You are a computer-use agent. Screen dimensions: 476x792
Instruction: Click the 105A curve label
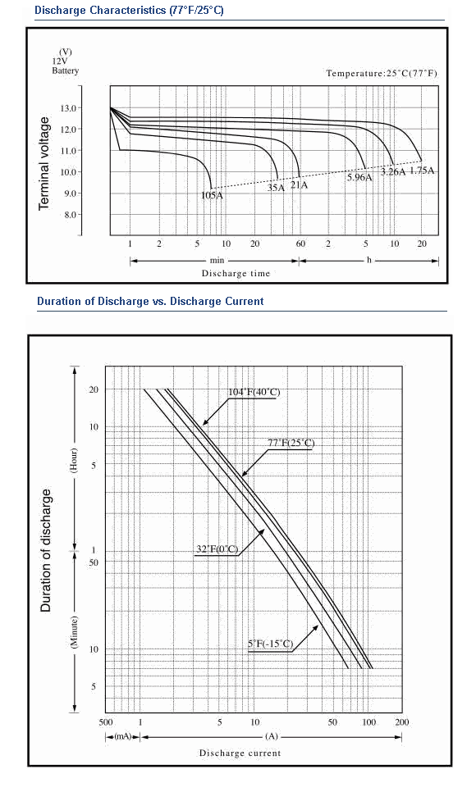(x=212, y=195)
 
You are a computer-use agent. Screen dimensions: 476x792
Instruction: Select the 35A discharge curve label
(x=276, y=188)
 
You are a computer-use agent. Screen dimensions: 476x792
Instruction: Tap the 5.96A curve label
(x=359, y=177)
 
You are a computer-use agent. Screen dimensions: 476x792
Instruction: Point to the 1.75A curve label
(x=422, y=171)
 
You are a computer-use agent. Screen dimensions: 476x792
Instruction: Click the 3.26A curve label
(x=393, y=171)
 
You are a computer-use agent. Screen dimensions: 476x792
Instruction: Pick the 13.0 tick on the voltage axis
(x=68, y=108)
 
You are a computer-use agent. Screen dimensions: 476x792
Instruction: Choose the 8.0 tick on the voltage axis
(x=70, y=215)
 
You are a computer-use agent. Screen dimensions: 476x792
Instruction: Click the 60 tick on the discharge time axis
(x=300, y=244)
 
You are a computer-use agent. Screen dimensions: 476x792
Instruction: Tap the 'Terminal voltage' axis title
(x=44, y=163)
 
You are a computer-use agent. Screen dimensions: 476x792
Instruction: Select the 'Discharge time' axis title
(x=236, y=274)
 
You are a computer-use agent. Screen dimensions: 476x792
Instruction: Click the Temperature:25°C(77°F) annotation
(x=382, y=73)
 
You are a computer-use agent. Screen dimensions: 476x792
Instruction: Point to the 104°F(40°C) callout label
(x=254, y=393)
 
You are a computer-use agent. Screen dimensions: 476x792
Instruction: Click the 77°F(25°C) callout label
(x=291, y=443)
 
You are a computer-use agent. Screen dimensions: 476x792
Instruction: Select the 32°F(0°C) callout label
(x=217, y=549)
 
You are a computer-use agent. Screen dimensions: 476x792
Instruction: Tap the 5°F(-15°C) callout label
(x=270, y=644)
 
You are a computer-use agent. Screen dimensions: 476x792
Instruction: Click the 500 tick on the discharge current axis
(x=106, y=722)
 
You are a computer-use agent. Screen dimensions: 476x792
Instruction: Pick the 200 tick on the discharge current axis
(x=401, y=722)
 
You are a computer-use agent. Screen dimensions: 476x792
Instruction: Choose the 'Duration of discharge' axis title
(x=46, y=551)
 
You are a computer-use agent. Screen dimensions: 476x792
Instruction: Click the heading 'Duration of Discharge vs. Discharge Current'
(x=150, y=302)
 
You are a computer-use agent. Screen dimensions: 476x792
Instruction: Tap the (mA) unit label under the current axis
(x=122, y=736)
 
